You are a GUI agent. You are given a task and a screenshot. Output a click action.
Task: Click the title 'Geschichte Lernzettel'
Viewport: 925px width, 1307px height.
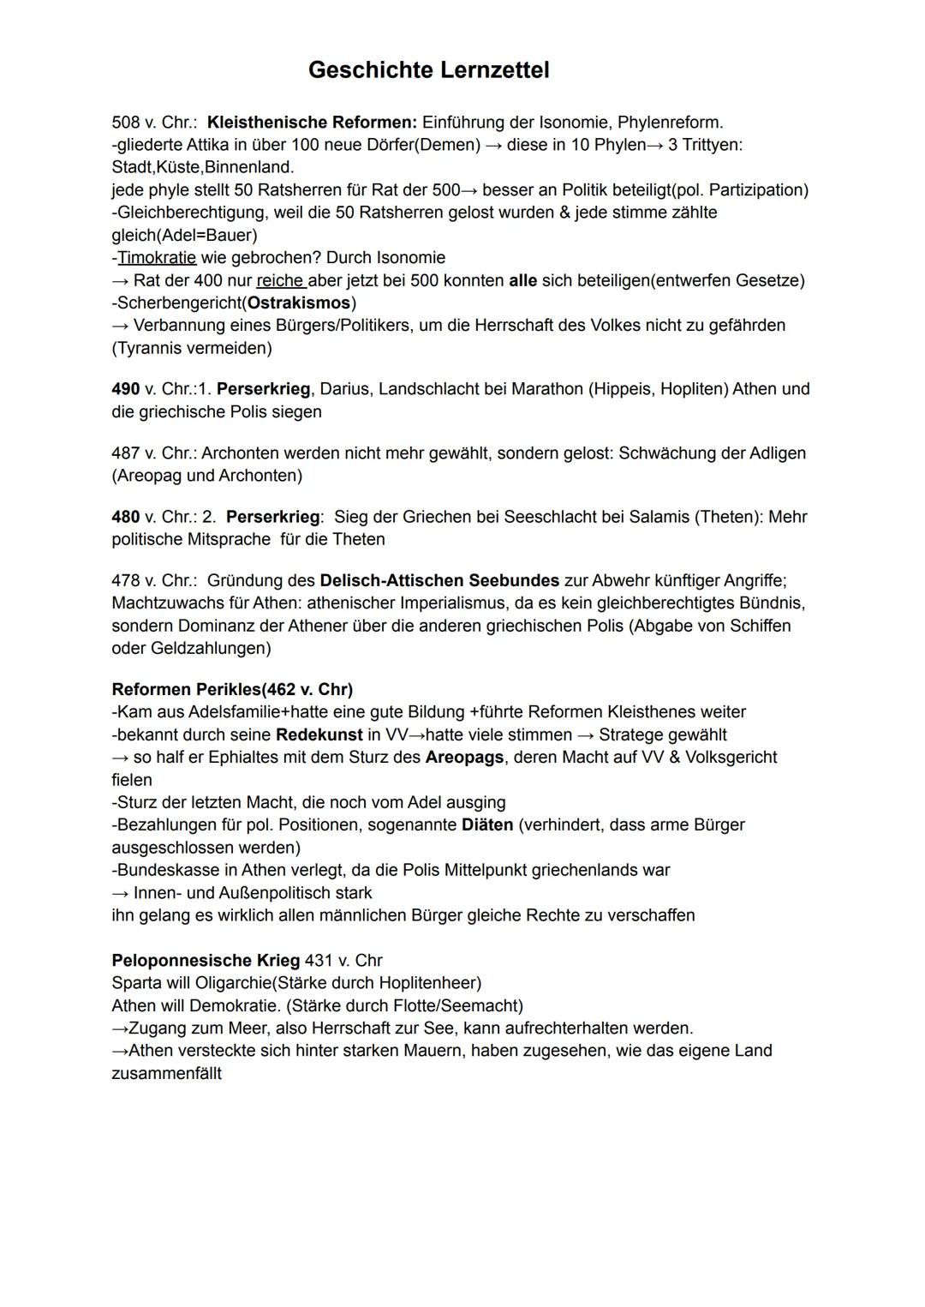[x=428, y=69]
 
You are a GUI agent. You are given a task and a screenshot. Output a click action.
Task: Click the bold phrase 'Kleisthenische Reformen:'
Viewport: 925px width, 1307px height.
[x=312, y=122]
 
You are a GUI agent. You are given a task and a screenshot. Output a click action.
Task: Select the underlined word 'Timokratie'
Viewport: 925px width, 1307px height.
[x=157, y=257]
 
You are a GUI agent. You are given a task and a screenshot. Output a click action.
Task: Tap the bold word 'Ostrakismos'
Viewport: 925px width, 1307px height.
[x=299, y=303]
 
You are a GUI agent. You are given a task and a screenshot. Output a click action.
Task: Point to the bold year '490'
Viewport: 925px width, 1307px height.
[x=125, y=388]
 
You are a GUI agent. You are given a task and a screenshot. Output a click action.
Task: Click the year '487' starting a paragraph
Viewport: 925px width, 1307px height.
[x=125, y=453]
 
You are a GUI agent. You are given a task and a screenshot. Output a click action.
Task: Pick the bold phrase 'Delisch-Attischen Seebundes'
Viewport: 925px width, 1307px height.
[x=439, y=580]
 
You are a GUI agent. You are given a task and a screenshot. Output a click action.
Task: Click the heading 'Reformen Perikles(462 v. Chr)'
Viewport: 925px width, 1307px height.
[x=232, y=689]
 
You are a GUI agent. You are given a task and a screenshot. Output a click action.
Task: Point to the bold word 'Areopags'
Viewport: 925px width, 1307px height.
[x=464, y=757]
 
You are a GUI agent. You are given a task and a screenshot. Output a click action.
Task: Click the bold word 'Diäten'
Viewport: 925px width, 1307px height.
[x=486, y=824]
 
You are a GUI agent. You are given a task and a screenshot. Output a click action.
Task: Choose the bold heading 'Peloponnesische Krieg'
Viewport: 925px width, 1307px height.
[x=206, y=960]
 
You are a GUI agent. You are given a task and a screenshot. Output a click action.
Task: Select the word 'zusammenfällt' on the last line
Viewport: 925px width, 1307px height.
[x=166, y=1073]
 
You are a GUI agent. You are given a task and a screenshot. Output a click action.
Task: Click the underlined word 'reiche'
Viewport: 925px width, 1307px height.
[x=280, y=280]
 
